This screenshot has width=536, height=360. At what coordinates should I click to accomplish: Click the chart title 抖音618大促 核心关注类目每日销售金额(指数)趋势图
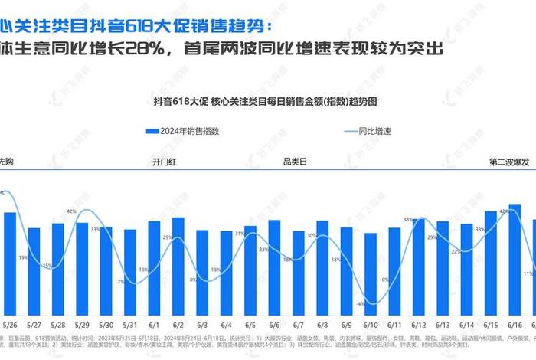click(267, 100)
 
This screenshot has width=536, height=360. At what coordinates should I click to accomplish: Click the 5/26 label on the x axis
click(10, 324)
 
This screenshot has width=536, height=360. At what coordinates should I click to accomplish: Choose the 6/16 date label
click(515, 324)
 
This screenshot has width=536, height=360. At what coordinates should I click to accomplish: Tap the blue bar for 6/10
click(371, 275)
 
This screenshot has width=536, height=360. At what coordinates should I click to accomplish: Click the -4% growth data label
click(360, 304)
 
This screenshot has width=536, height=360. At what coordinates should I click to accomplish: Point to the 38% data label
click(408, 220)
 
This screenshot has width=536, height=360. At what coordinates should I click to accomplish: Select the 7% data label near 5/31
click(121, 282)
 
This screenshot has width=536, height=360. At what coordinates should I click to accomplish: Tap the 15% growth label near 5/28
click(47, 265)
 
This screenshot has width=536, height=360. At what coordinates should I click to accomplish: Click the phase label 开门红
click(165, 162)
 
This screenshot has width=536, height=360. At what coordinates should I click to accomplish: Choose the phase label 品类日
click(295, 162)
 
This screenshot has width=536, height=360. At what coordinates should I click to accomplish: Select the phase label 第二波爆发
click(510, 162)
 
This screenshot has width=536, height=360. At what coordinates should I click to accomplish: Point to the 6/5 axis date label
click(250, 324)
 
